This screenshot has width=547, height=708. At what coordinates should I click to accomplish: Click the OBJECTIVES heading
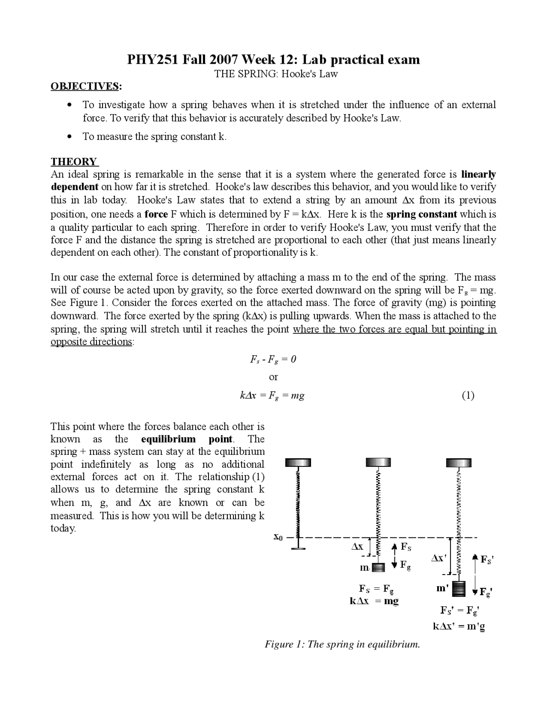pos(85,86)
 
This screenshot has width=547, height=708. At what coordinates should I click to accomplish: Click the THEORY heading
pos(74,162)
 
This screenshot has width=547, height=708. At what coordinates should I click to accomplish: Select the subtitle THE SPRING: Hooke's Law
pos(276,74)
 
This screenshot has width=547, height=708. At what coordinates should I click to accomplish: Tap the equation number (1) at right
pos(468,395)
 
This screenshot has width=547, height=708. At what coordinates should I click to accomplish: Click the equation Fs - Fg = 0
pos(273,360)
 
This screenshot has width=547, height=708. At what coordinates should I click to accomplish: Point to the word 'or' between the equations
pos(273,378)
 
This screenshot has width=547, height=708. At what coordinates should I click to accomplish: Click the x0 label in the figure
pos(278,537)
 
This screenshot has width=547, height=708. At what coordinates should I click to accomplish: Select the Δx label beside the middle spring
pos(357,546)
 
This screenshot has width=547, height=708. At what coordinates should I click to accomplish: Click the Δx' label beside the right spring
pos(438,558)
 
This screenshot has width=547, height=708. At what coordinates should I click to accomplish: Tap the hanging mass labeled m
pos(378,568)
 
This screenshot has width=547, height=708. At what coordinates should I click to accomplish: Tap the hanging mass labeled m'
pos(459,589)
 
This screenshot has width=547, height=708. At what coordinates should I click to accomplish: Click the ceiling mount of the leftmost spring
pos(298,463)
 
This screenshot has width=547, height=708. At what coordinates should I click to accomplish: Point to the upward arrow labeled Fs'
pos(475,563)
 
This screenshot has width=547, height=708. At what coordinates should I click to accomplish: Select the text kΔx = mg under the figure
pos(374,601)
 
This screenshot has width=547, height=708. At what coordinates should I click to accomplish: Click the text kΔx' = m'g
pos(459,627)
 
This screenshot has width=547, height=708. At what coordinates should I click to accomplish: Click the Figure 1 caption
pos(342,644)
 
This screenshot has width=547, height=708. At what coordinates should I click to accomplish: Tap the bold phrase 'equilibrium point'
pos(187,439)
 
